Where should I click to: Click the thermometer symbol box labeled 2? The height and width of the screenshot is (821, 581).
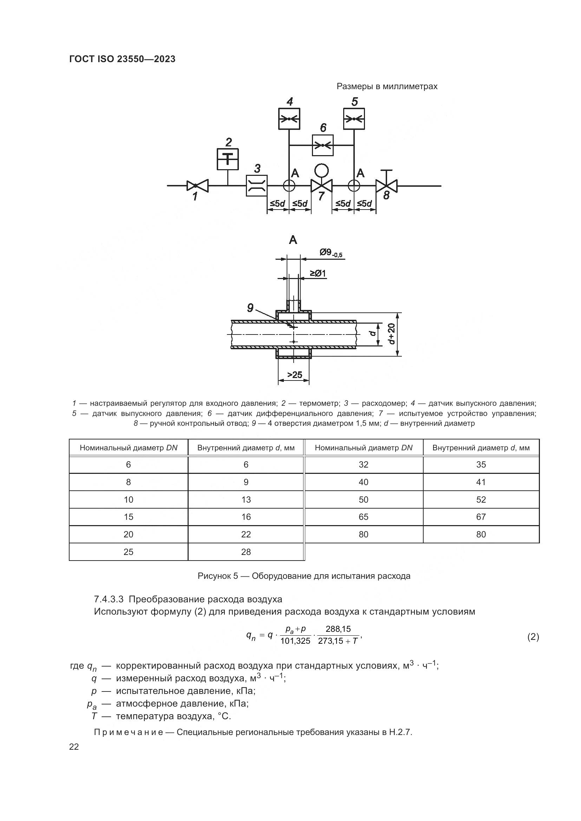coord(228,159)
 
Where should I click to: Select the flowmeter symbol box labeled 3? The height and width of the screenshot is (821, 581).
coord(256,186)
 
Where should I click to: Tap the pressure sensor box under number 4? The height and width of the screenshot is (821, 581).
coord(289,118)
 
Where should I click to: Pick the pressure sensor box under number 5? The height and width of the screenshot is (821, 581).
coord(354,118)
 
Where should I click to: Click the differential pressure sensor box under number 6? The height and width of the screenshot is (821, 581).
coord(323,145)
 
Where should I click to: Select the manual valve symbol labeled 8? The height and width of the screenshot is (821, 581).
coord(386,186)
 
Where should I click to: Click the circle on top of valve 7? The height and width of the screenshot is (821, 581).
coord(322,171)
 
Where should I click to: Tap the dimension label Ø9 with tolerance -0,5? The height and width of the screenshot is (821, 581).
coord(331,253)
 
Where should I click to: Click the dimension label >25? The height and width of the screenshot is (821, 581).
coord(294,375)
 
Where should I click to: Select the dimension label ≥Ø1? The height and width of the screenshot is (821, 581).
coord(318,273)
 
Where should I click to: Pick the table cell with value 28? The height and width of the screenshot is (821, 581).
coord(246,552)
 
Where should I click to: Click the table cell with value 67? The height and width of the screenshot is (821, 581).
coord(481,517)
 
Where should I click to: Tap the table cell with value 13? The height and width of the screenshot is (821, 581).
coord(246,499)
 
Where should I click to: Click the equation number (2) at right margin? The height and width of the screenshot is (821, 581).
coord(533,636)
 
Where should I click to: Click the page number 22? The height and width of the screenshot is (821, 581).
coord(74,747)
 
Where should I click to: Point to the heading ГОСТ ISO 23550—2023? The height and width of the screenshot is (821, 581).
coord(122,59)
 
